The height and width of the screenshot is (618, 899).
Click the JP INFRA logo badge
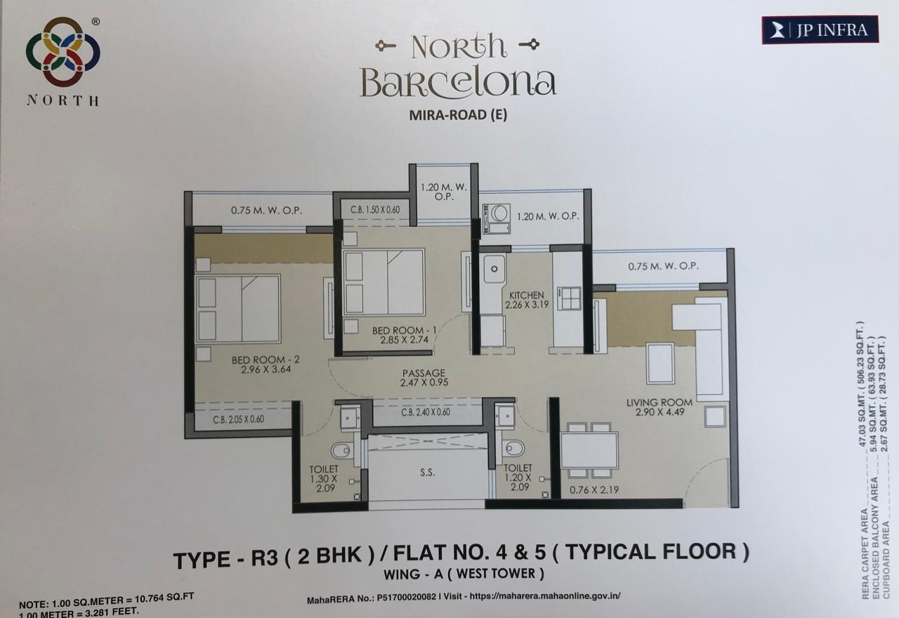(x=820, y=29)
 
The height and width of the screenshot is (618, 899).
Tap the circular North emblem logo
(x=63, y=52)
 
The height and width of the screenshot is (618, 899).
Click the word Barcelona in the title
(x=458, y=82)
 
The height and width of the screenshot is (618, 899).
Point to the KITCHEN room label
(x=527, y=295)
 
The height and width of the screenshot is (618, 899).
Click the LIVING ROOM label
(x=660, y=402)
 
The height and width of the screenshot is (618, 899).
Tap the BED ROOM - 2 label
(x=265, y=360)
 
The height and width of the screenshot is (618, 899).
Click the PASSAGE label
(x=424, y=373)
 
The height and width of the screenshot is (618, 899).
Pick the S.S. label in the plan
(x=427, y=473)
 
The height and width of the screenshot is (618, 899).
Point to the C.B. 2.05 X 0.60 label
(x=239, y=420)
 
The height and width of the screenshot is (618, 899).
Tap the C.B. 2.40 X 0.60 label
(x=426, y=412)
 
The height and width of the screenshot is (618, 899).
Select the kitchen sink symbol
(x=494, y=268)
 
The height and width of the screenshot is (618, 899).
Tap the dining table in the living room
(x=589, y=450)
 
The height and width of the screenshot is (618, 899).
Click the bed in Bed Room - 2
(x=238, y=309)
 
